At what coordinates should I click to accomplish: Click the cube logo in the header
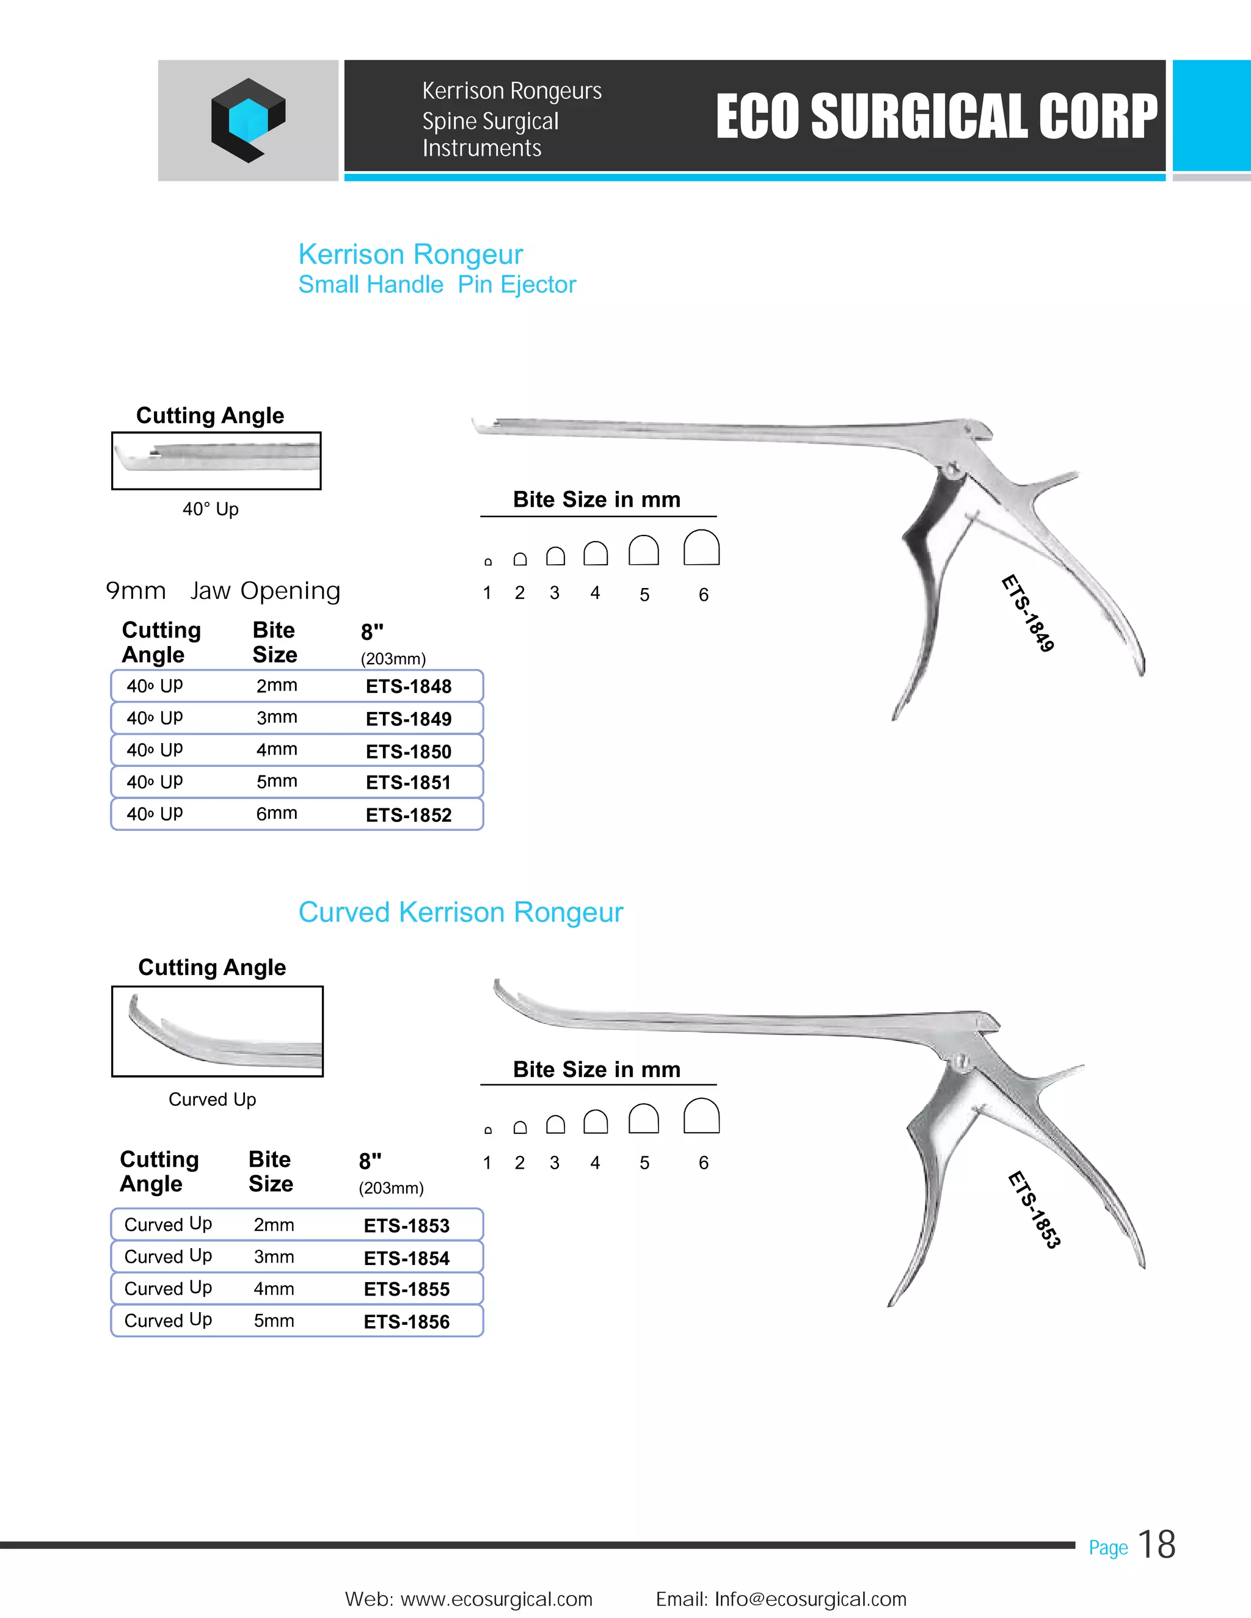coord(247,120)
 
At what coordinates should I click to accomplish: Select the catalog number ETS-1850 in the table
coord(409,751)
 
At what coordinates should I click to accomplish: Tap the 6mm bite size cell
coord(277,813)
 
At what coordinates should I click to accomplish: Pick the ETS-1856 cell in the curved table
coord(406,1322)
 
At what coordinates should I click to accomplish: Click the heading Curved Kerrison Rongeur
coord(460,912)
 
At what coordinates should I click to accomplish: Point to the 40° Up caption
coord(211,509)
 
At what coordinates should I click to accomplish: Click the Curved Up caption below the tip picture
coord(212,1100)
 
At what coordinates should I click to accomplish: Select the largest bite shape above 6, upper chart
coord(701,548)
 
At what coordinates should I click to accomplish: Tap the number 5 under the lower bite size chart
coord(644,1163)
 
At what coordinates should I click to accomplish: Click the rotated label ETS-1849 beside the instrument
coord(1028,614)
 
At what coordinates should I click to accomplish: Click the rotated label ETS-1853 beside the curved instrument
coord(1034,1210)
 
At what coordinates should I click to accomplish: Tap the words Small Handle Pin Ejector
coord(437,285)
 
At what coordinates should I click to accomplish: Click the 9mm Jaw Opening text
coord(223,590)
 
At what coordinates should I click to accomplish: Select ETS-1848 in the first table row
coord(409,686)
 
